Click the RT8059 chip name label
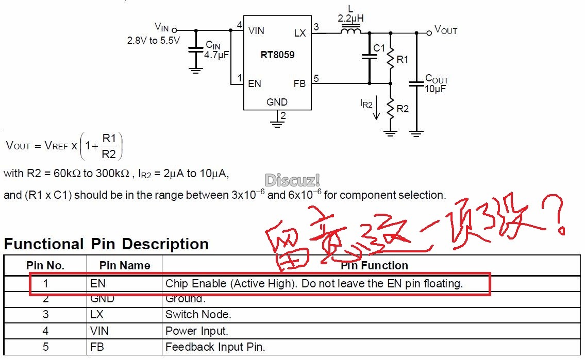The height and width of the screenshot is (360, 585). coord(277,55)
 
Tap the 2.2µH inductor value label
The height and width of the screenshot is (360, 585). coord(350,19)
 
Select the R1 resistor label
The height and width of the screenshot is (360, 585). coord(402,60)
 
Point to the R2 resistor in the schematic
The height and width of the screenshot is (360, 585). coord(390,109)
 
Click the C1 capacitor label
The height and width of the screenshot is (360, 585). coord(379,48)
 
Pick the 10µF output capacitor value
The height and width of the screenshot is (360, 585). coord(435,89)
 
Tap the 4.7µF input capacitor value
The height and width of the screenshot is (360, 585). coord(216,54)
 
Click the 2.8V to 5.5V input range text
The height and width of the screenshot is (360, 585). coord(154,40)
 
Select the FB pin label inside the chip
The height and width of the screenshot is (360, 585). coord(299,83)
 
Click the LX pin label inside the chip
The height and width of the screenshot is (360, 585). coord(300,33)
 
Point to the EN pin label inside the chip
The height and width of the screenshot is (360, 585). coord(255,83)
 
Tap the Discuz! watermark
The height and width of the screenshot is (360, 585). coord(292,180)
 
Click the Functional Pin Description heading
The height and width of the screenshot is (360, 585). coord(106,244)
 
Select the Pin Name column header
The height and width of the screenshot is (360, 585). coord(125,266)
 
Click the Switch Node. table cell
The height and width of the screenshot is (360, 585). coord(198,314)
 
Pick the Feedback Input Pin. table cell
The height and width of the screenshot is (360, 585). coord(215,347)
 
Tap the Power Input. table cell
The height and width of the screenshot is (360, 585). coord(197,331)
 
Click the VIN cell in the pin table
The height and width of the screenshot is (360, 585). coord(99,331)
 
